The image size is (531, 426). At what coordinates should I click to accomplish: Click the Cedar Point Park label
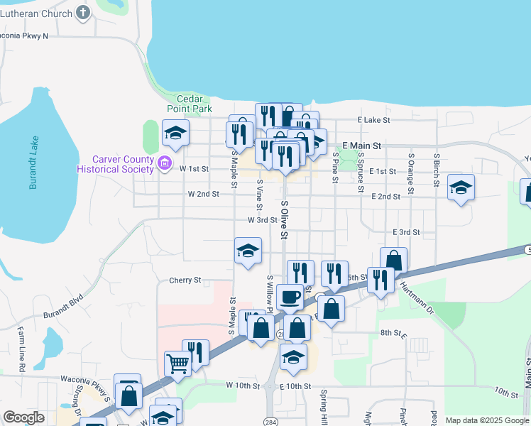click(x=190, y=104)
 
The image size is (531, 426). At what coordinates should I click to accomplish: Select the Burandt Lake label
click(x=33, y=163)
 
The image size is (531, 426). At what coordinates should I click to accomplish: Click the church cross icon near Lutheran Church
click(x=83, y=13)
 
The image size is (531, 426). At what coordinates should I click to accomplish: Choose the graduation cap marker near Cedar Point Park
click(x=176, y=132)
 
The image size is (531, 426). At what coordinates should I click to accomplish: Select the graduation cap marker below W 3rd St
click(x=248, y=251)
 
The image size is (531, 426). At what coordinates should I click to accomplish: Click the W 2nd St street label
click(x=203, y=194)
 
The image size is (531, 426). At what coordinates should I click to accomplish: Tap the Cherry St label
click(x=185, y=280)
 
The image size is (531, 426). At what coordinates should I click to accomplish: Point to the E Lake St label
click(x=375, y=121)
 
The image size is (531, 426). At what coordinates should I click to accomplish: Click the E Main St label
click(x=361, y=146)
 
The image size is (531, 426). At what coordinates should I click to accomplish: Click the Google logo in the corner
click(x=23, y=417)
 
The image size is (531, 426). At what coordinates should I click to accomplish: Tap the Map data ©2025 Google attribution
click(x=487, y=420)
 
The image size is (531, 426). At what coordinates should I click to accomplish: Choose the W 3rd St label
click(x=262, y=220)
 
